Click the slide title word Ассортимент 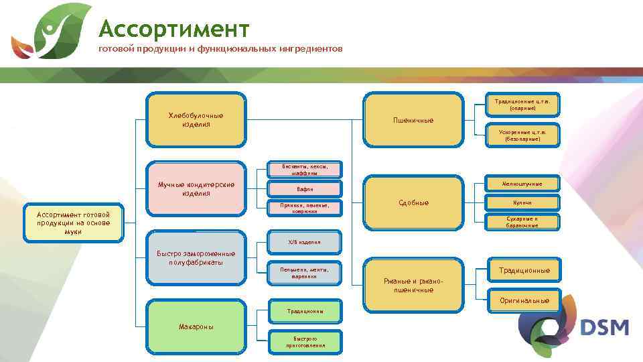pos(174,29)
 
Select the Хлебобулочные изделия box pos(196,120)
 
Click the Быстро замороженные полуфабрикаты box pos(196,258)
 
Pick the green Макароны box pos(196,326)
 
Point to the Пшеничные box pos(413,120)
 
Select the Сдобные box pos(413,202)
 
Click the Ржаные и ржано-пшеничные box pos(413,285)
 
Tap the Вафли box pos(305,189)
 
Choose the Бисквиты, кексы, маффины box pos(305,169)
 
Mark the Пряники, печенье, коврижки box pos(305,208)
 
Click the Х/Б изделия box pos(305,242)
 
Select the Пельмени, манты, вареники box pos(305,272)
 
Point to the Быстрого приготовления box pos(305,342)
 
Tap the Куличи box pos(522,202)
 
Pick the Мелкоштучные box pos(522,184)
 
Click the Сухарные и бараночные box pos(522,222)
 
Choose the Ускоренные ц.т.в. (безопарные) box pos(522,135)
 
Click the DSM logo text pos(604,328)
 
